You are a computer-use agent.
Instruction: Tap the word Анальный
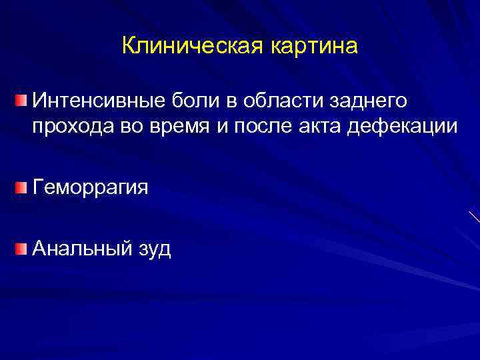coord(77,249)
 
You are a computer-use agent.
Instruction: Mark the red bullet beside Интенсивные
coord(23,101)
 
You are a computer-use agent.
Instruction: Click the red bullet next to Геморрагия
coord(23,188)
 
